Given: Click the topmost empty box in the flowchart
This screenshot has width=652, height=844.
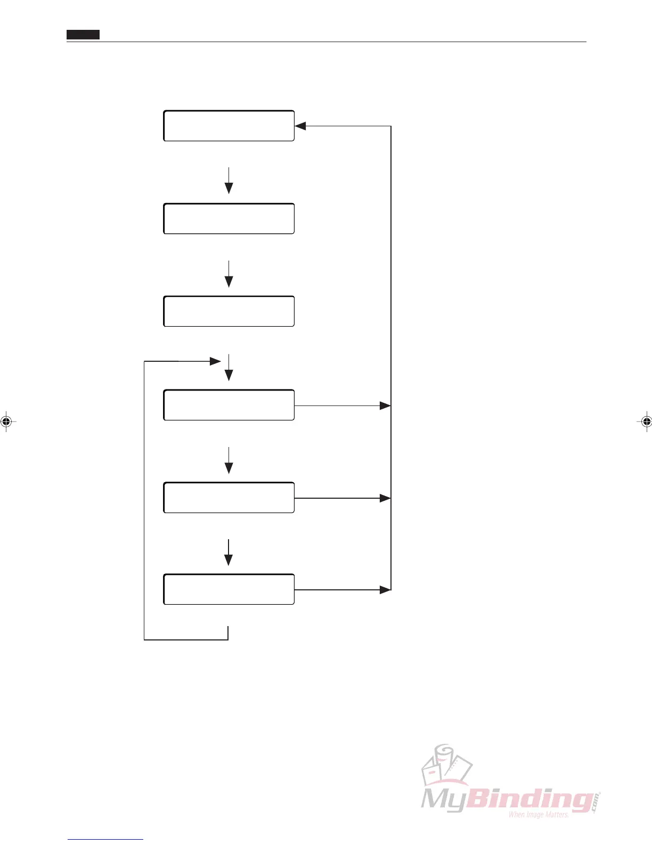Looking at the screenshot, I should point(229,126).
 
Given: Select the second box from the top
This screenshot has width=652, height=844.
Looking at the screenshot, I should point(229,218).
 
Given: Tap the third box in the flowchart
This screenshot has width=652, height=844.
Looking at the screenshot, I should point(229,311).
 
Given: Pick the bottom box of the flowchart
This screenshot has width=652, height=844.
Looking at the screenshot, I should point(229,589).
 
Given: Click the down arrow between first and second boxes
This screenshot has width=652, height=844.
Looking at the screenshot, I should point(229,181).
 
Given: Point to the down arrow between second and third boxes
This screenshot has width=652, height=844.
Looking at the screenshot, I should point(229,274).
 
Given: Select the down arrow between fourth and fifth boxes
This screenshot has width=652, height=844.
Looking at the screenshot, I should point(229,460).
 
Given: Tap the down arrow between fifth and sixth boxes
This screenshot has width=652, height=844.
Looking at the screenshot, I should point(229,553).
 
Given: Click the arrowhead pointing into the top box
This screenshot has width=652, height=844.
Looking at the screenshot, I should point(300,126).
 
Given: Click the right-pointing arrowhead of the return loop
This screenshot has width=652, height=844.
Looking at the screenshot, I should point(215,361).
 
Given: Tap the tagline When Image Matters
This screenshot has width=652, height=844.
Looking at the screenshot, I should point(538,814).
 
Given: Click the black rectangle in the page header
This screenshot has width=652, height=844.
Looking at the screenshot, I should point(83,35).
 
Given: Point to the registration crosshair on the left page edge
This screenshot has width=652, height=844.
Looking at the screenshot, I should point(6,421).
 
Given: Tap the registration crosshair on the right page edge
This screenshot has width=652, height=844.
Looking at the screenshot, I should point(646,421).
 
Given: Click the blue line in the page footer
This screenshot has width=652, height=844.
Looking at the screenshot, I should point(105,839).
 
